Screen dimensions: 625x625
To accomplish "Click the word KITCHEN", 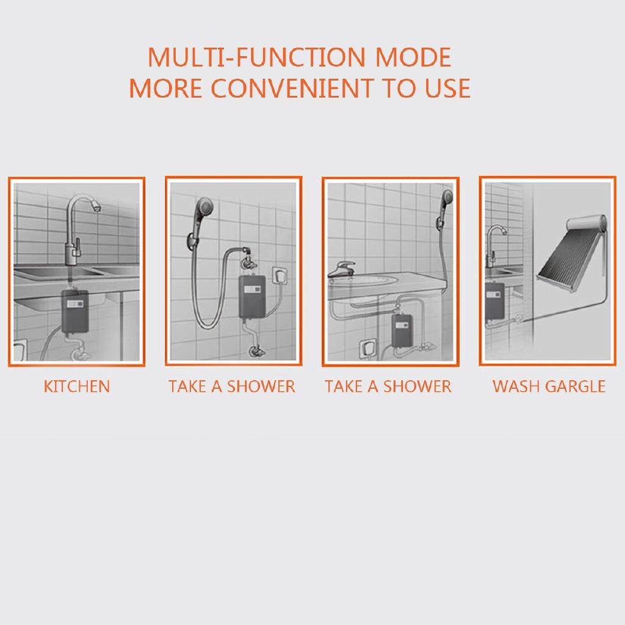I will [77, 386].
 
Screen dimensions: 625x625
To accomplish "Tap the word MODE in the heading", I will [413, 57].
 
